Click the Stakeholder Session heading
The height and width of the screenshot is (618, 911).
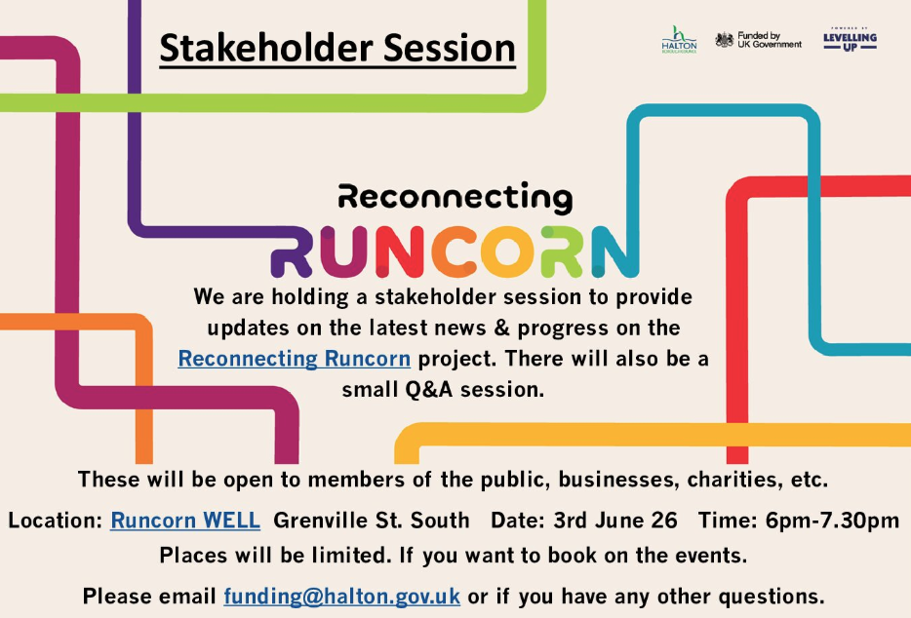click(337, 48)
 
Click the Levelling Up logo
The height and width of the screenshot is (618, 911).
click(850, 40)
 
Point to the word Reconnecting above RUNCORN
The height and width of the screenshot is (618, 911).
click(455, 198)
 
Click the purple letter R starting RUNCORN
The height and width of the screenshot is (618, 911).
click(292, 251)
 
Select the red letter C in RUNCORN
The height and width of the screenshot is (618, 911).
click(454, 251)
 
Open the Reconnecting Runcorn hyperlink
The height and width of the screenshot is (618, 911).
click(294, 359)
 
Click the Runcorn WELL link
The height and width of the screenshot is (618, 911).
click(185, 521)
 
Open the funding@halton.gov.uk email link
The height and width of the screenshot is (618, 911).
click(342, 596)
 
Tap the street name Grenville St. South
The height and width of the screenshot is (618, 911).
click(371, 521)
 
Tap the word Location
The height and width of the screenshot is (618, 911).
click(55, 521)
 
